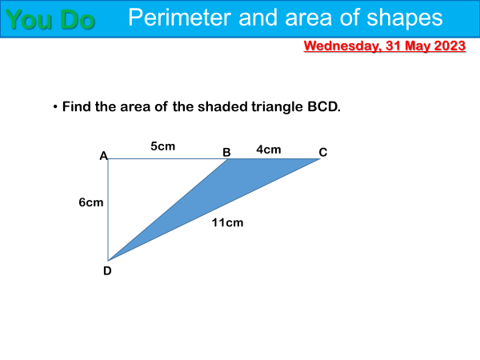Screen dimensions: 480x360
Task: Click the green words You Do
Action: pos(50,19)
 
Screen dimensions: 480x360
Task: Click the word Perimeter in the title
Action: pos(179,18)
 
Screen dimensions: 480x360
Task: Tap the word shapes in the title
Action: pos(404,18)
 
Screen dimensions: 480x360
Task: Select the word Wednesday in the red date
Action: pos(342,46)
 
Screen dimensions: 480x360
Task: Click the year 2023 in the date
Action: pos(450,46)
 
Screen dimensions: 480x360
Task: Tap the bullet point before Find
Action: pos(55,107)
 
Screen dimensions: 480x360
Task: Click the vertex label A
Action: pos(103,156)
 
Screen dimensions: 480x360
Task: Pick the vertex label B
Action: pos(226,152)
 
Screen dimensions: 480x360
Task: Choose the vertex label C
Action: pos(323,152)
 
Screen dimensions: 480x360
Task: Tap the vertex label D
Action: pos(107,271)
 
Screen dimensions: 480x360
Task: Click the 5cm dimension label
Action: pos(163,146)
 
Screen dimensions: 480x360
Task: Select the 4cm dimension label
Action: pos(269,150)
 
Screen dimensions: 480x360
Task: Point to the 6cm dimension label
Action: pos(91,202)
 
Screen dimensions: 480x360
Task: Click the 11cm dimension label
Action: pos(227,222)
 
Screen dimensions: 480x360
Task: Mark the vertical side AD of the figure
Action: pos(108,210)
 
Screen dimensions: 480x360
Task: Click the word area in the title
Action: pos(309,18)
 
